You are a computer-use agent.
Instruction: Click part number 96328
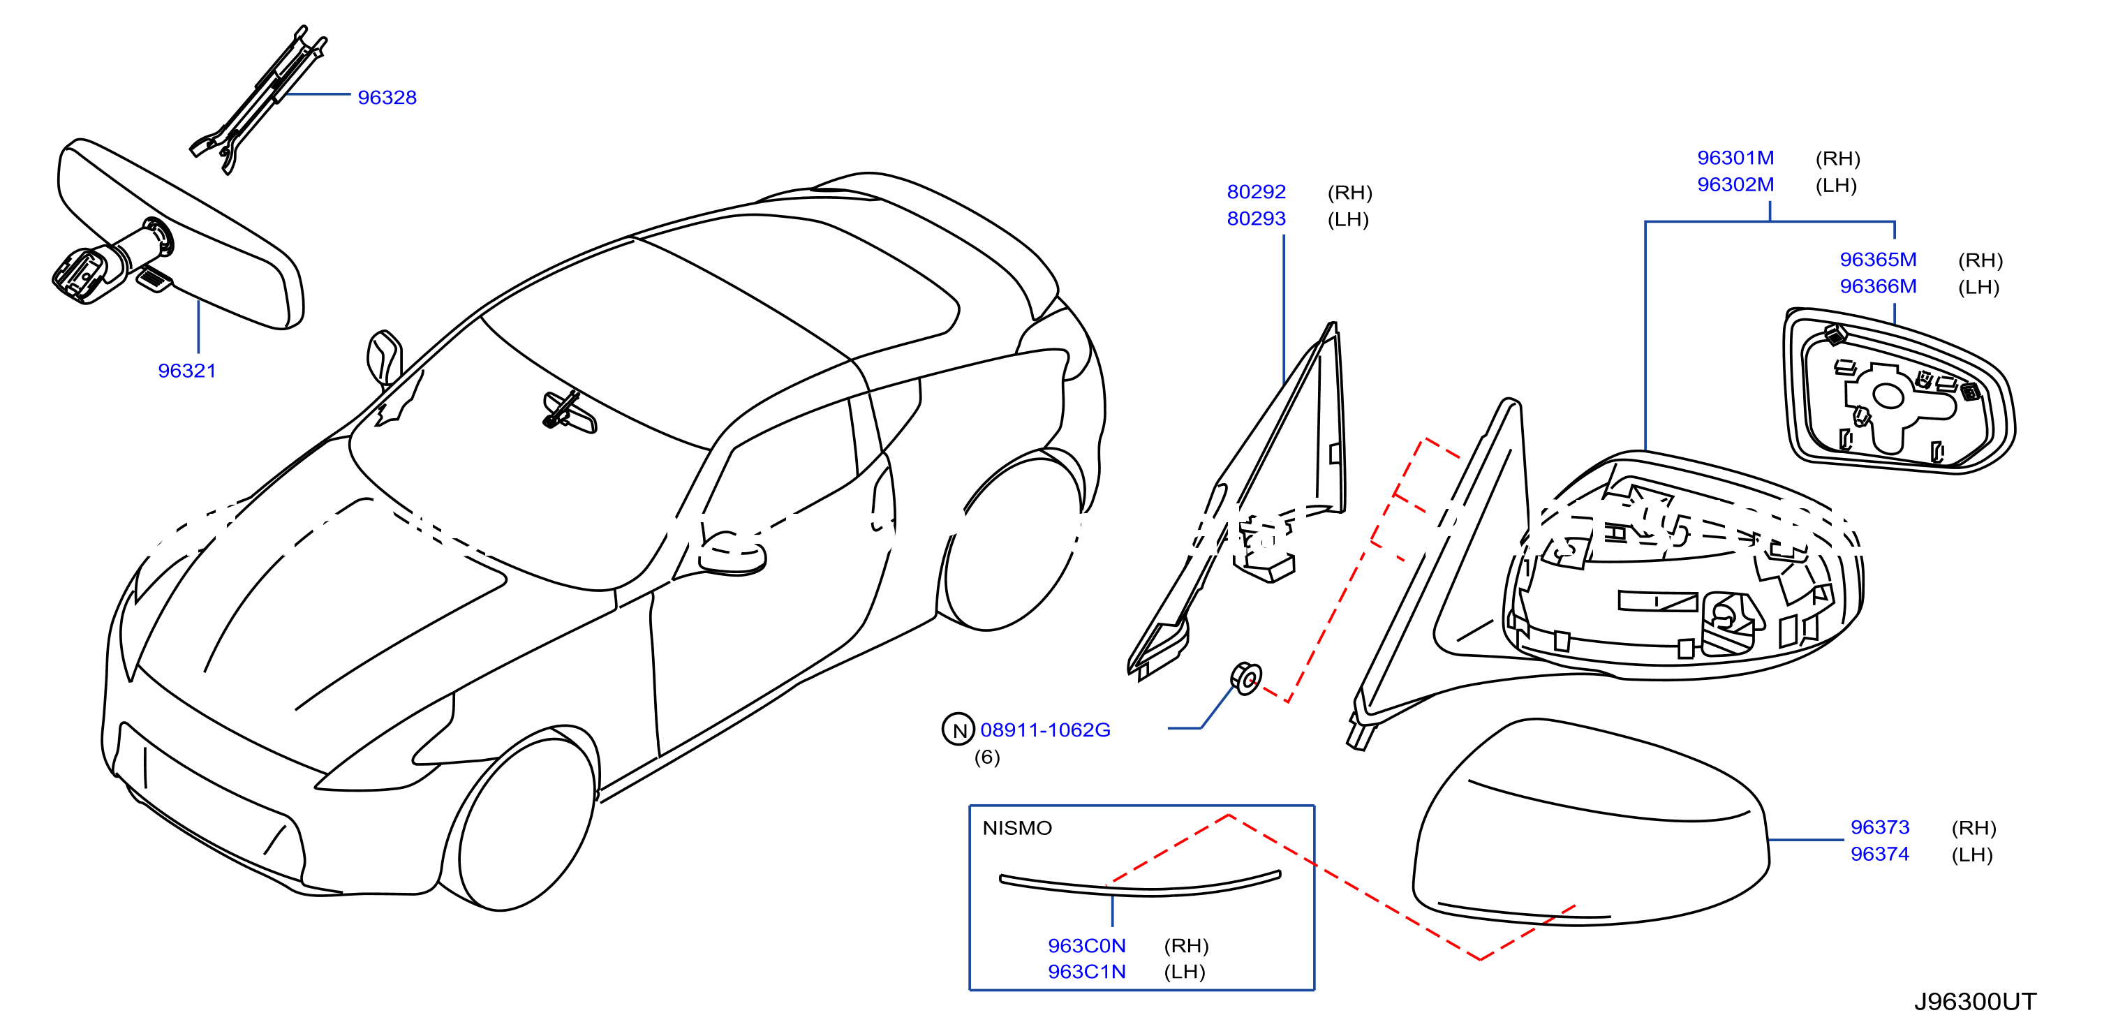tap(387, 98)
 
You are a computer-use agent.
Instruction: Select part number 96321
tap(188, 371)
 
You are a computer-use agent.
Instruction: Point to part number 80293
tap(1257, 219)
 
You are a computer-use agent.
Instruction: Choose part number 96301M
tap(1735, 158)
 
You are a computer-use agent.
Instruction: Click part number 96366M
tap(1878, 286)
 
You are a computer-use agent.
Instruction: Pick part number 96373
tap(1879, 827)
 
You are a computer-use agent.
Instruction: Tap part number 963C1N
tap(1087, 972)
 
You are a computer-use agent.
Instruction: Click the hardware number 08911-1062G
tap(1045, 730)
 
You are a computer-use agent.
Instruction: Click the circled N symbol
tap(958, 730)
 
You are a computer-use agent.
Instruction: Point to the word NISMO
tap(1017, 828)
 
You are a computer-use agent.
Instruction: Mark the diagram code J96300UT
tap(1975, 1002)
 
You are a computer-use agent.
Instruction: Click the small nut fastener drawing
tap(1245, 679)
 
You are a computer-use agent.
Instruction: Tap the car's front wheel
tap(526, 822)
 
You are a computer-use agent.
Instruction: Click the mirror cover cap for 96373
tap(1590, 822)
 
